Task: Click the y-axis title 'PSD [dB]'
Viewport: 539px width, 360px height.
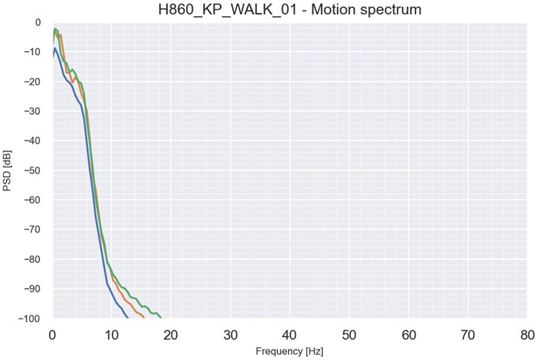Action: click(8, 170)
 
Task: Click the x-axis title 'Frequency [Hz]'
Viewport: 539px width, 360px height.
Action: click(289, 350)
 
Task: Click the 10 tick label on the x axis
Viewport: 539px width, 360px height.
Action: click(111, 333)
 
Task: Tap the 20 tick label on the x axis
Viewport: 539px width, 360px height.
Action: click(171, 333)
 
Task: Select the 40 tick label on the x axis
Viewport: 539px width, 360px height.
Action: click(289, 333)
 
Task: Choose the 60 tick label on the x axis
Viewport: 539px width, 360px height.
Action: click(408, 333)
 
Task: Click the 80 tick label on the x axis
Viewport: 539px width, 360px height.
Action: click(526, 333)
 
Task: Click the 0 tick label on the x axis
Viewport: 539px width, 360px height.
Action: click(53, 333)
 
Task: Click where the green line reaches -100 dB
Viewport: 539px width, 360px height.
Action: click(161, 318)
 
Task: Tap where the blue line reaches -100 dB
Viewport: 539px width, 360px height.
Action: click(128, 318)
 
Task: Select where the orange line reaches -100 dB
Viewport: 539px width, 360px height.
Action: click(144, 318)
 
